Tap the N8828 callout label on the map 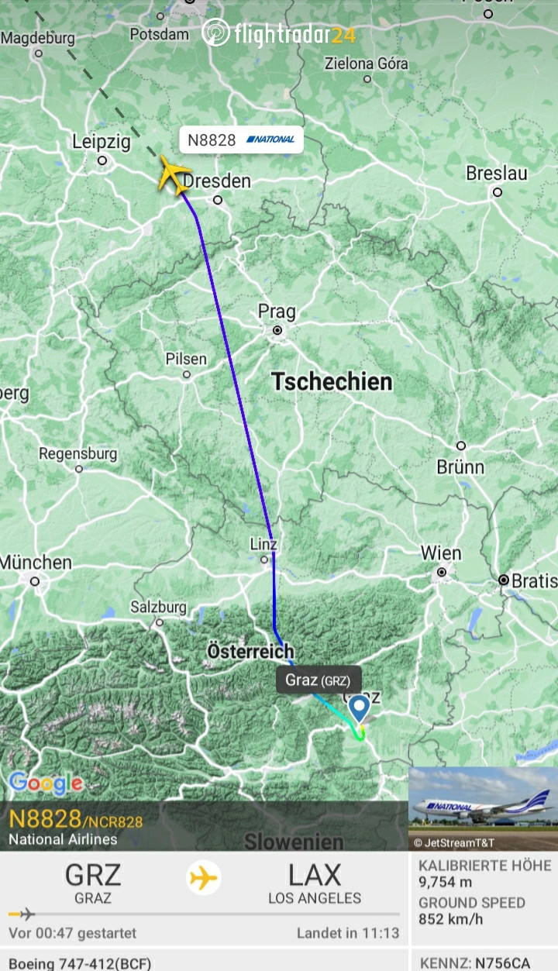241,139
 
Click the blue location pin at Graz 359,708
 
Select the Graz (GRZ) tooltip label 318,681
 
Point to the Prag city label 277,312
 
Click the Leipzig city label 101,143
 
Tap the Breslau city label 497,174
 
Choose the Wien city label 441,554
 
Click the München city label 36,563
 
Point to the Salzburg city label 158,607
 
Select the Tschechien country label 332,381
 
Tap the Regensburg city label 78,453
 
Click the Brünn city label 460,467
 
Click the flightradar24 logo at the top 279,33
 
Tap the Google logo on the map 46,783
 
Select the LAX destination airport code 315,876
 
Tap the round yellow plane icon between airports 204,879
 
